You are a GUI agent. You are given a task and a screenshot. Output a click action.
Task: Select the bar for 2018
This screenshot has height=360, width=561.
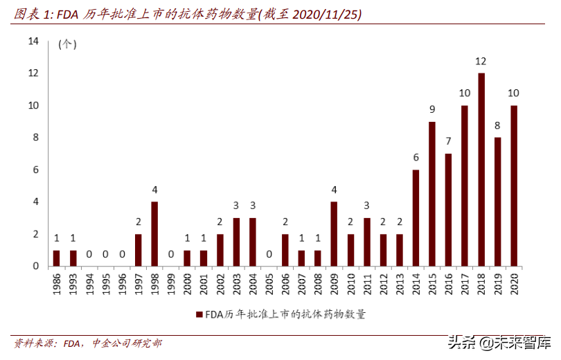[x=481, y=170]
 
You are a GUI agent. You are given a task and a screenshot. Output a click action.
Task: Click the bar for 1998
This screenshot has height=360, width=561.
[x=154, y=234]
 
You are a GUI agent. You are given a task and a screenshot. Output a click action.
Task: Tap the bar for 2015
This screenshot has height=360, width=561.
[x=432, y=194]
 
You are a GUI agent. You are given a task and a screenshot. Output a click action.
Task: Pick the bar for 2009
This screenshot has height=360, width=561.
[x=334, y=234]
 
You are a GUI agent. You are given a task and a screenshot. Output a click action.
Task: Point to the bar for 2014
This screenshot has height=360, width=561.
[x=416, y=218]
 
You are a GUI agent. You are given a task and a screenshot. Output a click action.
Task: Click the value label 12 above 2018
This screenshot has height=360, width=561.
[x=481, y=62]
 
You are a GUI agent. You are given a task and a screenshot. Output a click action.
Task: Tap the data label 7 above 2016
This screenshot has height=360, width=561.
[x=448, y=141]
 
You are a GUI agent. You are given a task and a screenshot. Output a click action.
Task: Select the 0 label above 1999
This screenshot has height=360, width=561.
[x=171, y=254]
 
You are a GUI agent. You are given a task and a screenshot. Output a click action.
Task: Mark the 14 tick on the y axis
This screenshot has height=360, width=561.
[x=33, y=41]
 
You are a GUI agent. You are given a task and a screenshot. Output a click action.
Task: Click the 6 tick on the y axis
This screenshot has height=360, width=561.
[x=35, y=170]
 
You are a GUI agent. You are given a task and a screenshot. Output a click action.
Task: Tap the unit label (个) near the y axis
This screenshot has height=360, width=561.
[x=66, y=45]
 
